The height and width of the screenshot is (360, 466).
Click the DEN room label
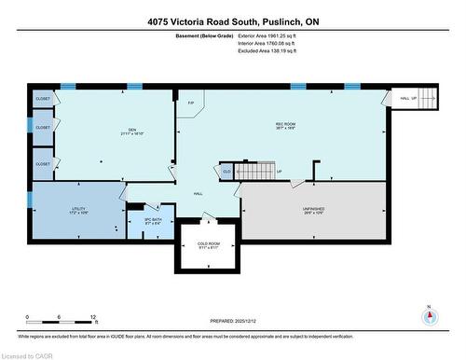click(x=132, y=132)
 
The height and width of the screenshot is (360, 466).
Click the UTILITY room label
click(x=78, y=210)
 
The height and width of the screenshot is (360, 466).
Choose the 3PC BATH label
click(x=153, y=221)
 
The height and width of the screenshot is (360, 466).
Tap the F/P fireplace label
click(x=191, y=104)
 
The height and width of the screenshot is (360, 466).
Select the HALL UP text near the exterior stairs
click(x=407, y=98)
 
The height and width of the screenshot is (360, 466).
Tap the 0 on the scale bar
click(x=28, y=317)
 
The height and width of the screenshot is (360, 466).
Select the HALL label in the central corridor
click(x=199, y=193)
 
